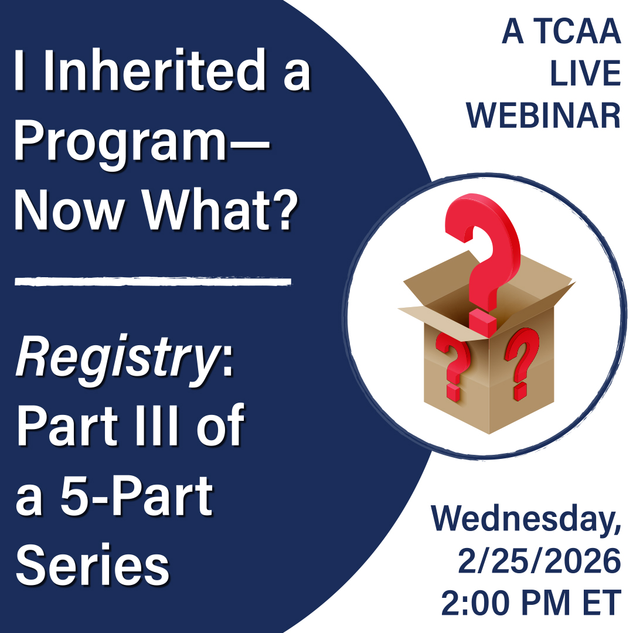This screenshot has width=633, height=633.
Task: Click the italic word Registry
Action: click(117, 360)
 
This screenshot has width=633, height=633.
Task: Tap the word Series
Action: click(92, 564)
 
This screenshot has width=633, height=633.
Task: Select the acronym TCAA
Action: click(577, 31)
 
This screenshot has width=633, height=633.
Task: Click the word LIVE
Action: click(586, 73)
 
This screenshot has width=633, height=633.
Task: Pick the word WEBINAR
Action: click(543, 115)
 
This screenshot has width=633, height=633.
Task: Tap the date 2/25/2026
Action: click(539, 561)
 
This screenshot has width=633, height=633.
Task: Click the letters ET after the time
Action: click(601, 603)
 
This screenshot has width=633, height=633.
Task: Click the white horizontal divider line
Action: click(153, 281)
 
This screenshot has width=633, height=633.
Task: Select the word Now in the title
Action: click(69, 210)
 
